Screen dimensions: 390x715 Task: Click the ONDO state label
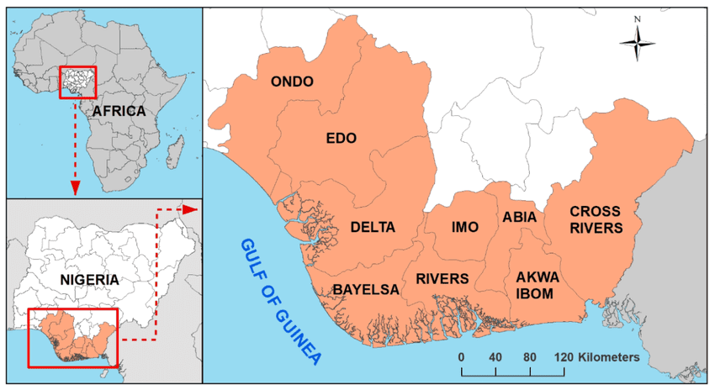click(292, 82)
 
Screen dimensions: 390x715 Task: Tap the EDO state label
click(342, 138)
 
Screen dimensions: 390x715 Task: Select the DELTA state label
click(372, 227)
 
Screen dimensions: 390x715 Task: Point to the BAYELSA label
click(365, 289)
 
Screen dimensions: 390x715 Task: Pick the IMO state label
click(464, 227)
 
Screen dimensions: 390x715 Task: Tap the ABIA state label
click(519, 217)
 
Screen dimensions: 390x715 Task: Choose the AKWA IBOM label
click(534, 285)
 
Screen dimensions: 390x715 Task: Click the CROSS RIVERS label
click(596, 219)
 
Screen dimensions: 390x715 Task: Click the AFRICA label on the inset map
click(119, 111)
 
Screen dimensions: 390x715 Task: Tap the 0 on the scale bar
click(461, 357)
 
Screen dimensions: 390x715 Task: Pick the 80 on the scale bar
click(529, 357)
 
